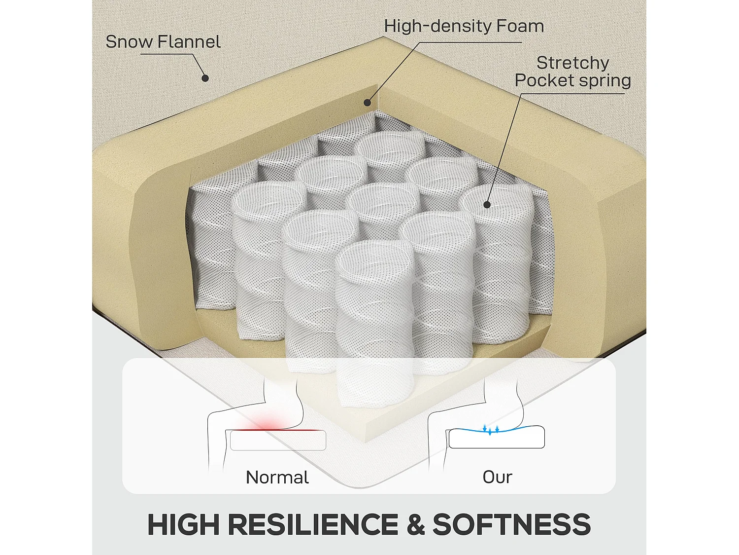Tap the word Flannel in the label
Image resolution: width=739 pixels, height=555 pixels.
tap(189, 41)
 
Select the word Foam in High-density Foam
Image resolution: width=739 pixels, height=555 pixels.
tap(520, 26)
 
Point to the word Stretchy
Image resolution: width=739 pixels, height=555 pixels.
tap(572, 63)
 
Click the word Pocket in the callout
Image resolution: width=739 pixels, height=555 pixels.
tap(543, 80)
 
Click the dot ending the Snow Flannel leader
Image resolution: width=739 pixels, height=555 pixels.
tap(205, 78)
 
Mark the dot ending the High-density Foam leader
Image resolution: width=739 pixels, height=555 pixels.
tap(368, 103)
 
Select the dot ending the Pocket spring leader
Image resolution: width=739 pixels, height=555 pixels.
tap(487, 204)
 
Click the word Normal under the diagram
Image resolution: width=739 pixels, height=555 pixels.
tap(277, 477)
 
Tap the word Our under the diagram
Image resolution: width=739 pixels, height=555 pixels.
tap(497, 477)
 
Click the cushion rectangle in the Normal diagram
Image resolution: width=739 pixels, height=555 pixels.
tap(278, 440)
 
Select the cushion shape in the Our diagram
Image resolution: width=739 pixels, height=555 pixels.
tap(497, 437)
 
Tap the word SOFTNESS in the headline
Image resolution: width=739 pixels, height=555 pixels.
tap(511, 524)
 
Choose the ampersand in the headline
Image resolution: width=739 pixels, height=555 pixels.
tap(415, 524)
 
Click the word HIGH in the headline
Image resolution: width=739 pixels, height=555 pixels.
tap(183, 524)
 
